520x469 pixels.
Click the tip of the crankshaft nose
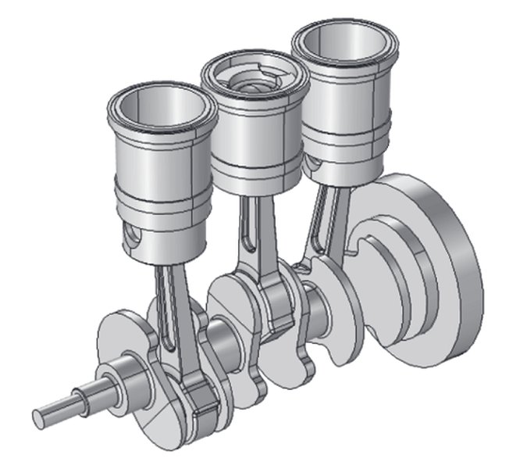[39, 412]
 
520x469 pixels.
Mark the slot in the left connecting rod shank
[166, 313]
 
